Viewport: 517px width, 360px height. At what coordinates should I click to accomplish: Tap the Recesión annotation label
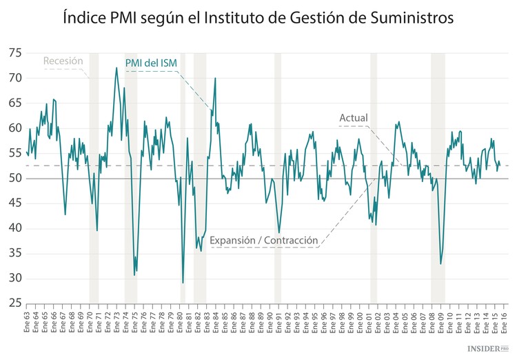(x=63, y=61)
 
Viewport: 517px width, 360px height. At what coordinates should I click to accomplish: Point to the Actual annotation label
(x=354, y=118)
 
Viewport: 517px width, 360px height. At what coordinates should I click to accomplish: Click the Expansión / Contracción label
(x=264, y=241)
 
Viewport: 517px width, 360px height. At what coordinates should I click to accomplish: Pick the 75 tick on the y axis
(x=14, y=54)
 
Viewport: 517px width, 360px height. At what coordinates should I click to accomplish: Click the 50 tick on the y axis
(x=14, y=179)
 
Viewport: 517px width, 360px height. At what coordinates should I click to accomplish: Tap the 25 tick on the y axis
(x=14, y=303)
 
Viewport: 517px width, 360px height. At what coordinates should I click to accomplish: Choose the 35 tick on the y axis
(x=14, y=253)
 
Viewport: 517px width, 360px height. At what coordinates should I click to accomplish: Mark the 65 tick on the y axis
(x=14, y=103)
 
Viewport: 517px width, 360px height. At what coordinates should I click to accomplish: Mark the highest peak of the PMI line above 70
(x=116, y=68)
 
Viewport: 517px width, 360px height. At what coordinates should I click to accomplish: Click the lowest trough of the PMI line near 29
(x=183, y=282)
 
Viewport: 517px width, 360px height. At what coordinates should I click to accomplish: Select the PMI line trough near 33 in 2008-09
(x=440, y=263)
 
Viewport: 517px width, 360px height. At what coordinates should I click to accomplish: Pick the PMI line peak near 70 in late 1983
(x=215, y=78)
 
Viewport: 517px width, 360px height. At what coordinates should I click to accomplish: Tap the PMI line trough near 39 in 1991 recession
(x=279, y=233)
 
